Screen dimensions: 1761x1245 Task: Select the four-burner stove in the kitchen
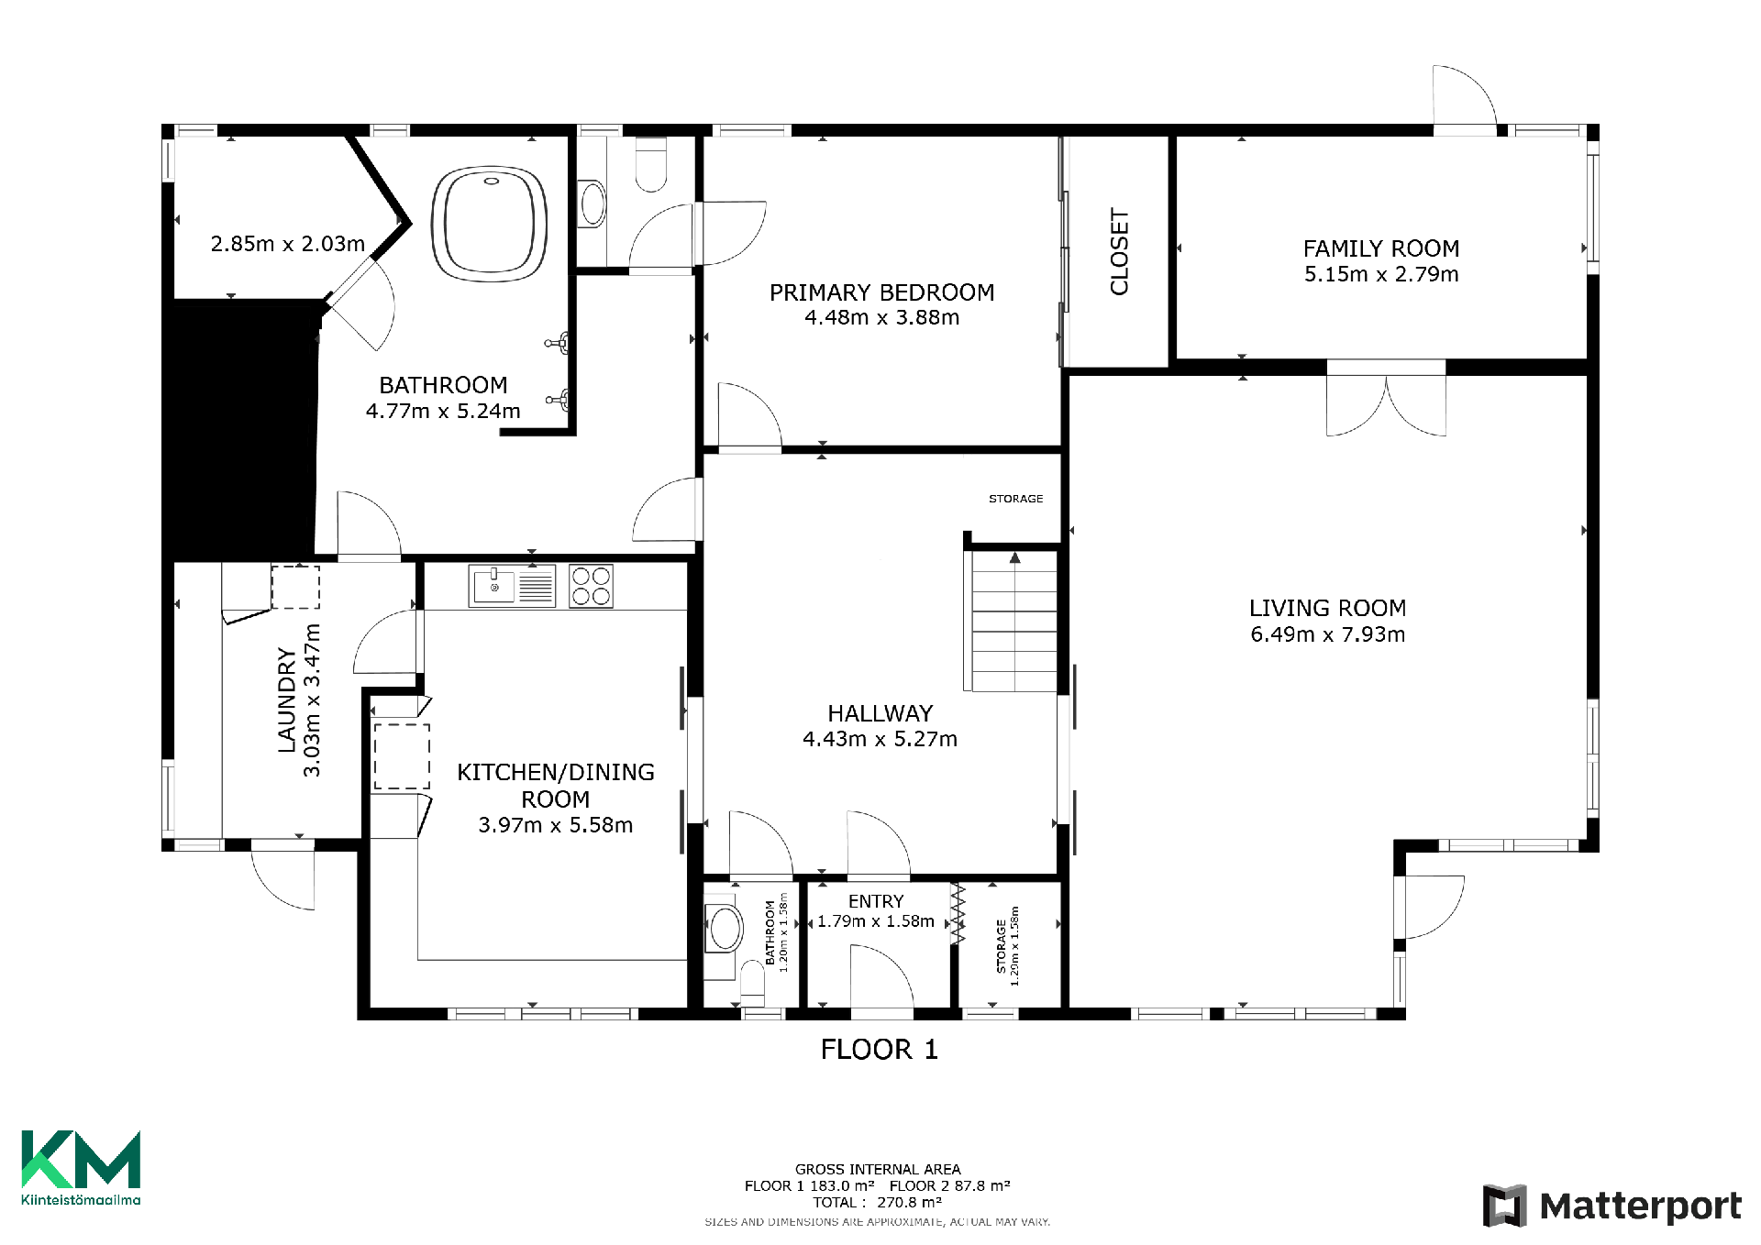[591, 587]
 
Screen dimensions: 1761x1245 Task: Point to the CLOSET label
[1119, 252]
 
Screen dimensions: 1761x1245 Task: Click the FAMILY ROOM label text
[1381, 248]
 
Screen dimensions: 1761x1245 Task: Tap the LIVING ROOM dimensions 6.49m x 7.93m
[1327, 634]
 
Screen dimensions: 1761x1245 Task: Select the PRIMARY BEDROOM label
[881, 292]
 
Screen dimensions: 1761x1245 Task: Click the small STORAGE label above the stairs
[1015, 499]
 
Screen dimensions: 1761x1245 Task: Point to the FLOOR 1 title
[879, 1050]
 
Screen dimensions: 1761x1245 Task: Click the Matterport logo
[1611, 1206]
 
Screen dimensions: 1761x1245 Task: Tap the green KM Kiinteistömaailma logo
[81, 1167]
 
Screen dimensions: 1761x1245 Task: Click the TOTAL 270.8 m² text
[877, 1202]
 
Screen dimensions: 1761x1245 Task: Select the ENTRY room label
[876, 901]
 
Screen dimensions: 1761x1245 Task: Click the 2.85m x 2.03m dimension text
[288, 244]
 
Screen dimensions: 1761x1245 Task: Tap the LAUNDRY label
[287, 700]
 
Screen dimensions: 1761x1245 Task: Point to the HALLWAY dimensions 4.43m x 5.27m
[880, 739]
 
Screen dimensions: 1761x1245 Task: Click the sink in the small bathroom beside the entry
[724, 929]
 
